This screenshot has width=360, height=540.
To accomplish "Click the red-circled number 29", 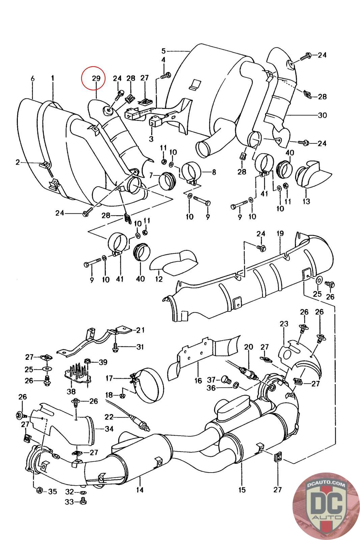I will (96, 78).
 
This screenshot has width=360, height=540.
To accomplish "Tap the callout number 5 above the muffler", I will (164, 51).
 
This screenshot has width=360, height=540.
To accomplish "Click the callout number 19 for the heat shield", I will (280, 233).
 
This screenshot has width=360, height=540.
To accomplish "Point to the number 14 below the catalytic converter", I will (140, 489).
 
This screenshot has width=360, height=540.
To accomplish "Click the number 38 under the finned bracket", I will (71, 392).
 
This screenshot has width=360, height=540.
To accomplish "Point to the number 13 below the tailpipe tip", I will (306, 201).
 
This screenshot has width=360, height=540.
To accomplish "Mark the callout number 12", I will (159, 279).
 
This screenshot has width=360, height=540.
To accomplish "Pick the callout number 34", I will (109, 429).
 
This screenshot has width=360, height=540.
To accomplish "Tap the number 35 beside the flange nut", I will (52, 491).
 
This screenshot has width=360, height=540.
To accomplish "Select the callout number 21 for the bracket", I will (140, 330).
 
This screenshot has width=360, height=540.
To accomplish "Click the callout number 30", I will (322, 115).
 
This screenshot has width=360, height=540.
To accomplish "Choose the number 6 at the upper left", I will (33, 78).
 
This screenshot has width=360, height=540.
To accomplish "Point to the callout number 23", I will (284, 324).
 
